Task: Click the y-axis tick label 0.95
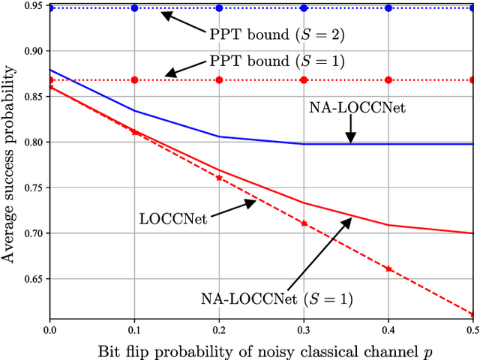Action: [33, 5]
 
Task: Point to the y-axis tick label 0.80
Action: [33, 142]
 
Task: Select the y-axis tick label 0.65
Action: [33, 279]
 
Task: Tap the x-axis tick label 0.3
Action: [304, 328]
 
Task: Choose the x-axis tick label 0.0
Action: [49, 328]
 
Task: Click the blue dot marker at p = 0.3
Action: [304, 8]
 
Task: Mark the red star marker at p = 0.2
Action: [219, 178]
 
